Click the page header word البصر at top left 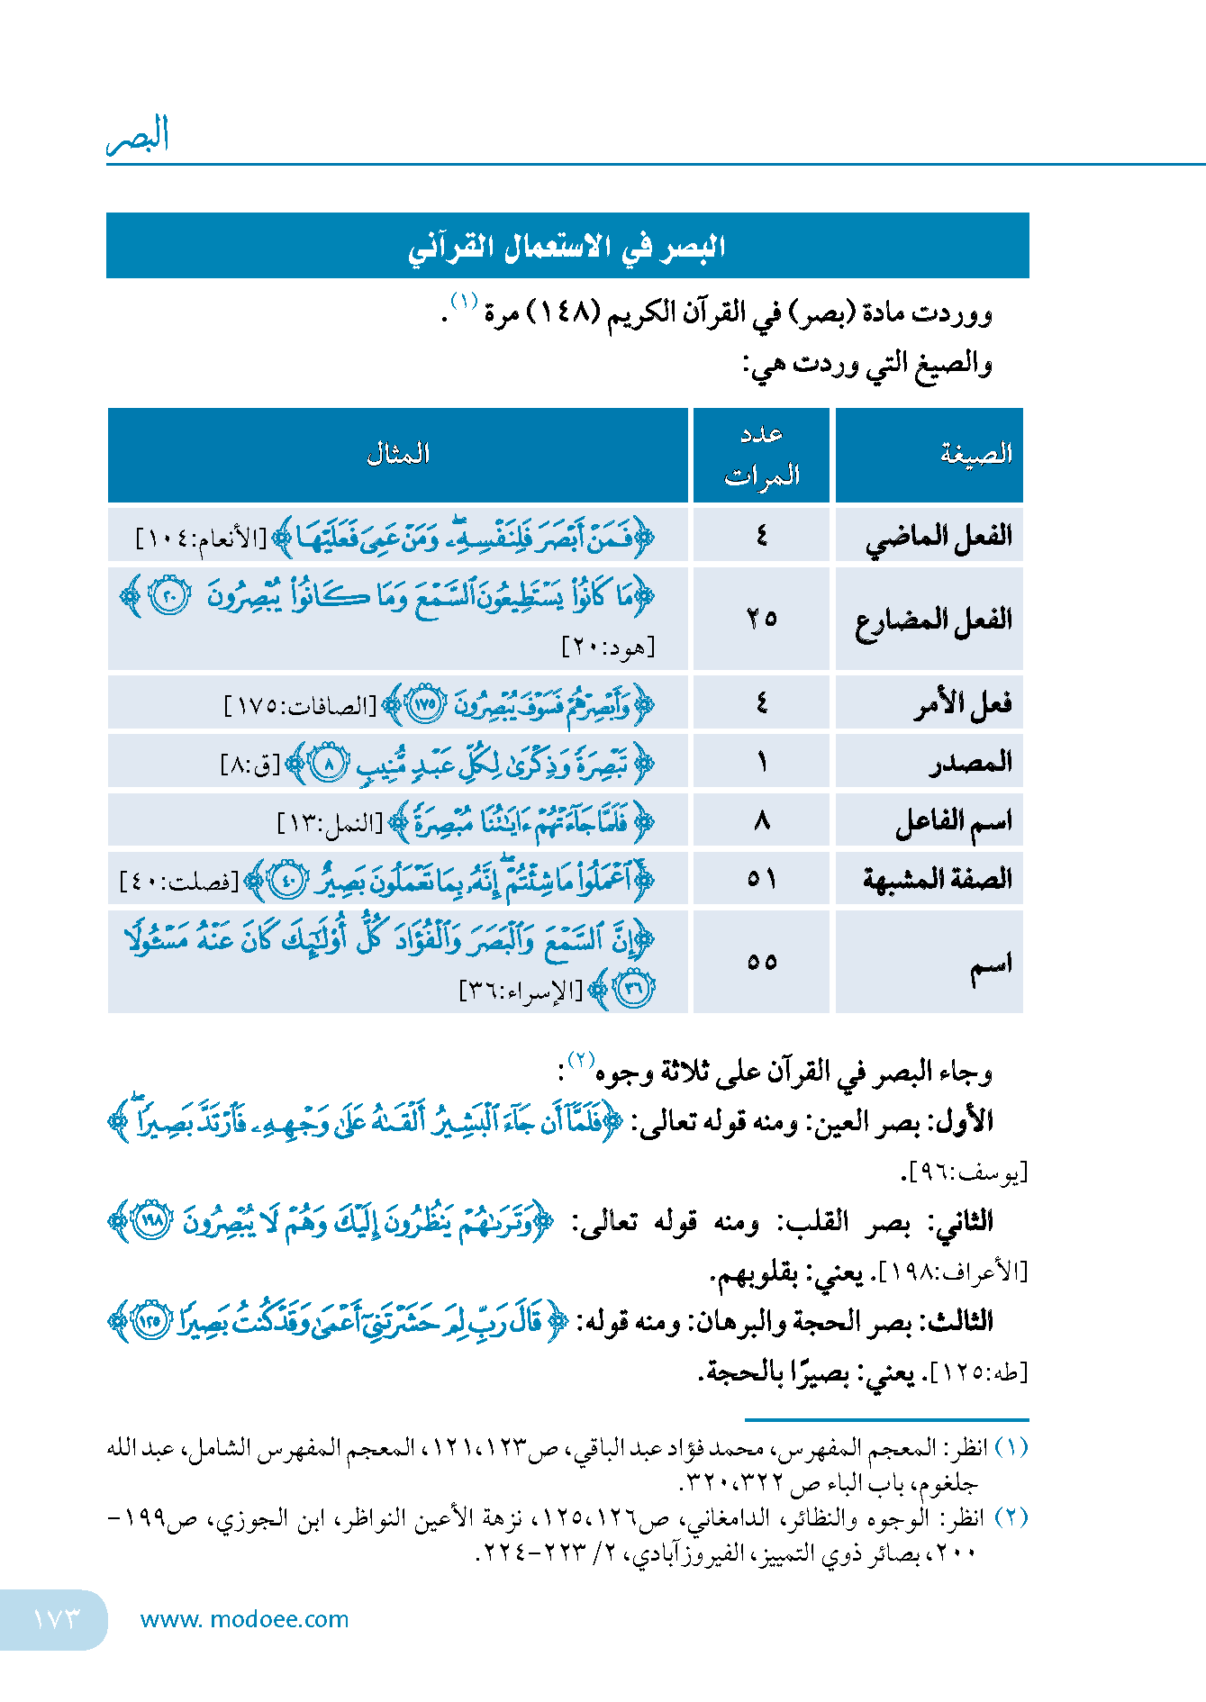coord(138,135)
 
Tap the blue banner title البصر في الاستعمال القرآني coord(567,246)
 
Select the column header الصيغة coord(976,454)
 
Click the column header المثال coord(398,454)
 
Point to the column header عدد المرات coord(762,455)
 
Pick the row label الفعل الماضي coord(939,537)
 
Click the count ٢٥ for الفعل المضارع coord(762,618)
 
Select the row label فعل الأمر coord(963,703)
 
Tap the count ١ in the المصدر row coord(762,763)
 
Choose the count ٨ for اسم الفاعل coord(762,820)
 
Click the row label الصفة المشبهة coord(937,879)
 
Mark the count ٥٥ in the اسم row coord(762,962)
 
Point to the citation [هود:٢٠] coord(609,647)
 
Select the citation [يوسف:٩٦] coord(965,1172)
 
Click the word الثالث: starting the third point coord(962,1321)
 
